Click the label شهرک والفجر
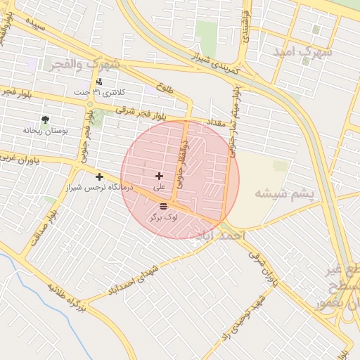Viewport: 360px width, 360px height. pyautogui.click(x=85, y=64)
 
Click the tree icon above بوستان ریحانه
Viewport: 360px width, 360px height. pyautogui.click(x=46, y=120)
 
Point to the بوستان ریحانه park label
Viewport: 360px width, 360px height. pyautogui.click(x=44, y=130)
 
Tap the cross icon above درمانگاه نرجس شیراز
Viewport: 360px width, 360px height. pyautogui.click(x=99, y=176)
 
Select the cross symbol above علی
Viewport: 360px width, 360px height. pyautogui.click(x=160, y=176)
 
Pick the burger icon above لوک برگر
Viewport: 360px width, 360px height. pyautogui.click(x=163, y=206)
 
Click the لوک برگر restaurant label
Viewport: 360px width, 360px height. pyautogui.click(x=163, y=218)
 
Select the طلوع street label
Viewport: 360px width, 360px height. pyautogui.click(x=166, y=87)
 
